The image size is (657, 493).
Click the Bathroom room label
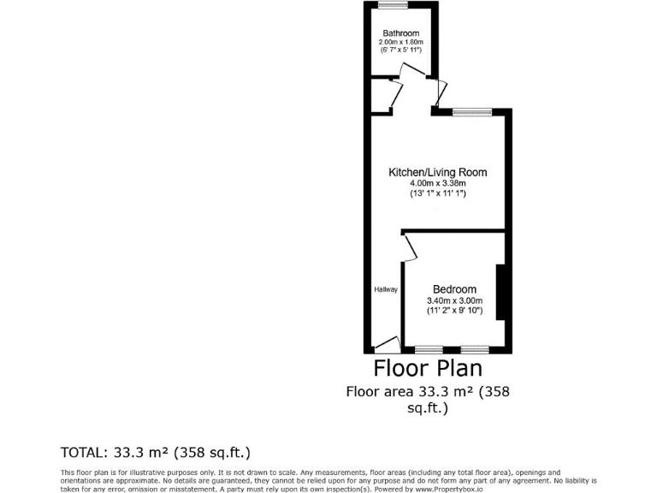point(400,33)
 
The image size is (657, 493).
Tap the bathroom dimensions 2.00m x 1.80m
point(400,42)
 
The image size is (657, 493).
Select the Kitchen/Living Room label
point(437,172)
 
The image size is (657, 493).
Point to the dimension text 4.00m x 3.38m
point(437,183)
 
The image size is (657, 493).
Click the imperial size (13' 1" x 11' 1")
point(437,193)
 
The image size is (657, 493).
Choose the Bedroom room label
point(454,289)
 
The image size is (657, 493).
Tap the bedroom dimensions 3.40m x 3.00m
point(454,300)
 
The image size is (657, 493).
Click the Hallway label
point(386,289)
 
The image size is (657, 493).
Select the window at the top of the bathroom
point(394,5)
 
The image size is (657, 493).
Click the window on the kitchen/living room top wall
point(472,111)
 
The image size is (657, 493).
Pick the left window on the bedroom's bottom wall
point(429,350)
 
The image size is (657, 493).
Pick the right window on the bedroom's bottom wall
point(474,350)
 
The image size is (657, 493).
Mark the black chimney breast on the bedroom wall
point(503,293)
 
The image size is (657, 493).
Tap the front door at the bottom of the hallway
point(388,345)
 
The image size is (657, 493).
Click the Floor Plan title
point(428,368)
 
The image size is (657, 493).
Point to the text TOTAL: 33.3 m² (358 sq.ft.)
point(155,451)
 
